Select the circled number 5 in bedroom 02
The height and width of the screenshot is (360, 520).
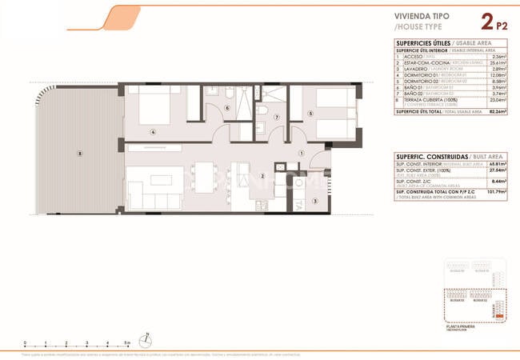click(310, 114)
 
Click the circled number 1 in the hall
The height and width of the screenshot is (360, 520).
click(301, 153)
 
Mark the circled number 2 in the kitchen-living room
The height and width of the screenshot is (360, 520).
click(262, 176)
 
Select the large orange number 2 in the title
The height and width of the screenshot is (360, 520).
click(486, 22)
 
